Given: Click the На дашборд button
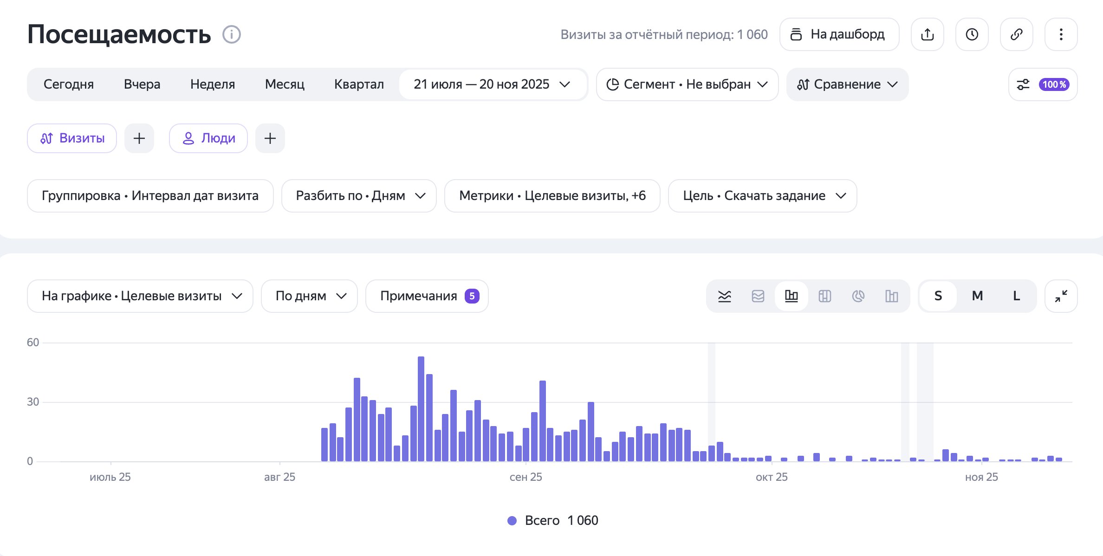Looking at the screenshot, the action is (x=839, y=34).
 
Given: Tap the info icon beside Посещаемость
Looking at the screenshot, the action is (x=231, y=34).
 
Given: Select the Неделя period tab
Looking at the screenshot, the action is (x=213, y=84).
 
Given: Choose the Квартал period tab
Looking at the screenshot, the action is (x=359, y=84).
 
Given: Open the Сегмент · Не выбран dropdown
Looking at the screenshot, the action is (x=687, y=84).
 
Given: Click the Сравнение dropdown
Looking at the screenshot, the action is (x=847, y=84).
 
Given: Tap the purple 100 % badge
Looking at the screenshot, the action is (x=1054, y=84).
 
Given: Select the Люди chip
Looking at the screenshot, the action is (x=208, y=138).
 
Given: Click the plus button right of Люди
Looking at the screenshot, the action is (x=270, y=138).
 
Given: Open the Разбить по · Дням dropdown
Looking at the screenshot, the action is (x=359, y=196).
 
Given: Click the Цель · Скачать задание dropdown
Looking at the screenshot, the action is (x=762, y=196).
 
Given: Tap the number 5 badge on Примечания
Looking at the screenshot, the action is (x=472, y=296).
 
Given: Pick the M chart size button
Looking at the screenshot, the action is (x=977, y=296).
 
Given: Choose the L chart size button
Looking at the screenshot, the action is (x=1016, y=296).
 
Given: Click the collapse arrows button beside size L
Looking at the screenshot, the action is (x=1061, y=296).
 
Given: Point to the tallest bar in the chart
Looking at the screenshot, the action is (x=421, y=409).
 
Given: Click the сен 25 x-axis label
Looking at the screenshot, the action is (x=526, y=477).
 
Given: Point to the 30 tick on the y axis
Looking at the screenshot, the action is (x=33, y=402).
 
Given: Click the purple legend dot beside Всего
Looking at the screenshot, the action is (x=512, y=521).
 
